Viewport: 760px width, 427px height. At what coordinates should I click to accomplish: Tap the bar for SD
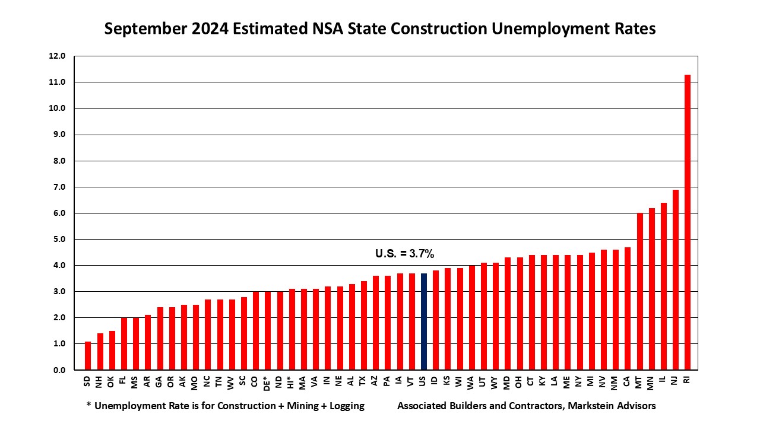[88, 356]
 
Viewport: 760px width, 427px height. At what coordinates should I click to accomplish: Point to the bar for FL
[124, 344]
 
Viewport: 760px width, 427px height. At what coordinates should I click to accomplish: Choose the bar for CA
[628, 308]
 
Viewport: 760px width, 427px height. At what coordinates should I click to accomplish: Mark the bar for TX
[363, 326]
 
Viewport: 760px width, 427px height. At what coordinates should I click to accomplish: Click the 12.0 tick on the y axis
[58, 56]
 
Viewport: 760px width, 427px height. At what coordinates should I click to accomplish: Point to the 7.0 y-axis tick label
[58, 187]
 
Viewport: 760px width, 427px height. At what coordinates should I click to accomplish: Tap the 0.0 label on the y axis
[58, 370]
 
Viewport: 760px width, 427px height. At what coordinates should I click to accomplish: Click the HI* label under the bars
[292, 383]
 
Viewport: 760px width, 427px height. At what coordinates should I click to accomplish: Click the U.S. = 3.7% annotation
[405, 254]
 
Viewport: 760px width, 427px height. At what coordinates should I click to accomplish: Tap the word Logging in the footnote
[345, 406]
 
